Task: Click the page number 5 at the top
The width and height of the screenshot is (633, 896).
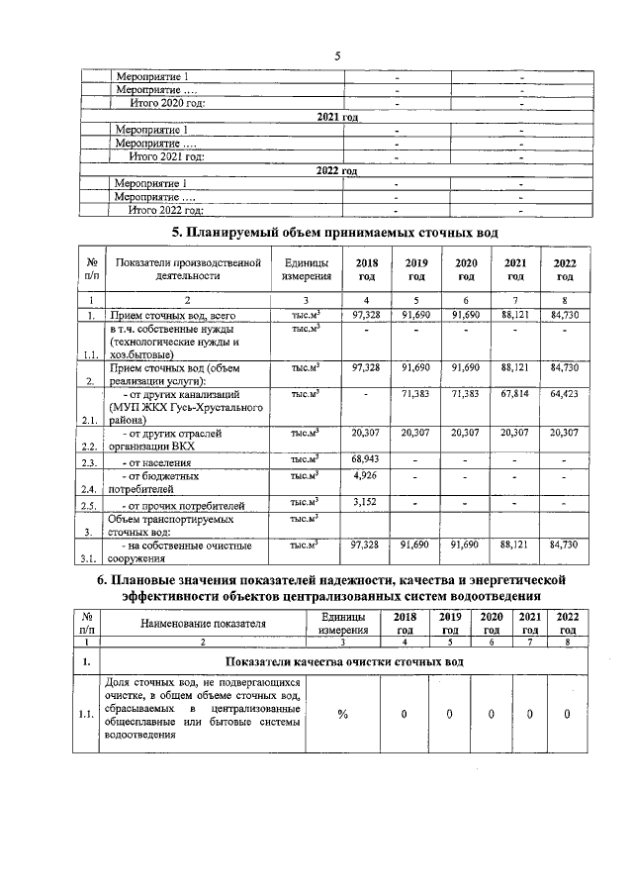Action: tap(337, 55)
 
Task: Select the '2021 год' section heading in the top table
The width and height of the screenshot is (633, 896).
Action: tap(336, 117)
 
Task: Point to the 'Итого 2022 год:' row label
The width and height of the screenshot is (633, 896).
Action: tap(166, 210)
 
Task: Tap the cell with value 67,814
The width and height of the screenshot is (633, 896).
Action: tap(515, 394)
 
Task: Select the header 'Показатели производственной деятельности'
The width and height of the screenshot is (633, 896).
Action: tap(187, 269)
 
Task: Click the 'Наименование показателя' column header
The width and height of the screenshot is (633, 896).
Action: tap(204, 624)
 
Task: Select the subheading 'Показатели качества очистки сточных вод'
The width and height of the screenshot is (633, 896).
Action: tap(344, 661)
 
